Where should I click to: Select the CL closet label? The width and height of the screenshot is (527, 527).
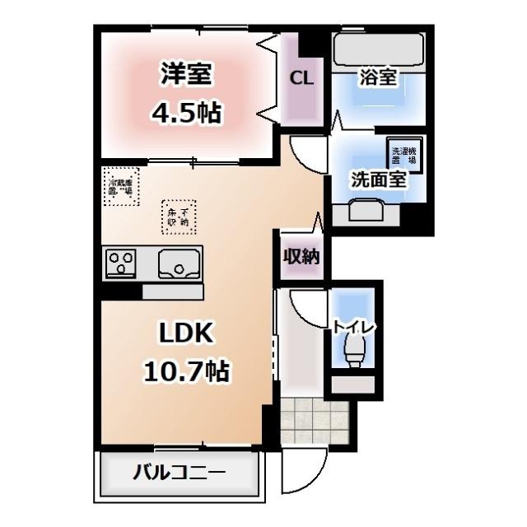pos(301,79)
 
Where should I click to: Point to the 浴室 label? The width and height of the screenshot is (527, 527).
pos(379,79)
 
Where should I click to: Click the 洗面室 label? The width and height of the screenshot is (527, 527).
pos(379,180)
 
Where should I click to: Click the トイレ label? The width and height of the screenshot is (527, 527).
pos(355,327)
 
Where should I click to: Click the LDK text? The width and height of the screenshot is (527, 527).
pos(187,333)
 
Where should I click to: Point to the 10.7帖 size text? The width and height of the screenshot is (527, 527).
pos(188,371)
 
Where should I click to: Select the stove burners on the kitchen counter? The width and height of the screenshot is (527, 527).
pos(122,264)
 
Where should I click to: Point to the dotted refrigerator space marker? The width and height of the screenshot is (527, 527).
pos(122,183)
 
